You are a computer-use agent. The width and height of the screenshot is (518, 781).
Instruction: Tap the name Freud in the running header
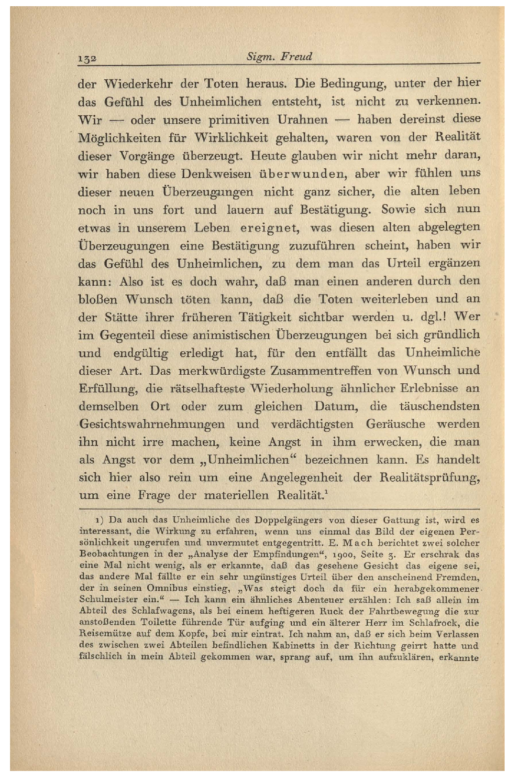click(296, 57)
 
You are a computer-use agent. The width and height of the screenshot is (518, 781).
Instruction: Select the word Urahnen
click(303, 119)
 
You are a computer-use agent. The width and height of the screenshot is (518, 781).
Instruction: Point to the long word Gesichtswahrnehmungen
click(152, 424)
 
